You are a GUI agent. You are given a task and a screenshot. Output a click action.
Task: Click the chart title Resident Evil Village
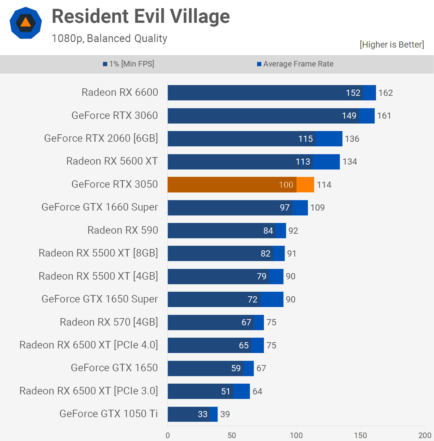tap(141, 16)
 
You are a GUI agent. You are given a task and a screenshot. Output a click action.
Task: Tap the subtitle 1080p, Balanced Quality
tap(109, 38)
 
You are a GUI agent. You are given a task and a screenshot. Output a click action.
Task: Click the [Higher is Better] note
tap(392, 45)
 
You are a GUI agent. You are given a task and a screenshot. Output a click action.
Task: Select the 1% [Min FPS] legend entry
tap(129, 64)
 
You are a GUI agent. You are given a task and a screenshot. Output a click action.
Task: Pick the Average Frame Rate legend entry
tap(295, 64)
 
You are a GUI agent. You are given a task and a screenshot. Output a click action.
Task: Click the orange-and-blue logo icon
tap(26, 23)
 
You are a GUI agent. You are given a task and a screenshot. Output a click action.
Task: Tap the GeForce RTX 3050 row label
tap(115, 184)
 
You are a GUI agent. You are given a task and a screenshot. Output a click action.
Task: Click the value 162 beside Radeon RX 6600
tap(385, 93)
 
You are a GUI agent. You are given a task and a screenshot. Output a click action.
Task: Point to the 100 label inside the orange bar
tap(286, 185)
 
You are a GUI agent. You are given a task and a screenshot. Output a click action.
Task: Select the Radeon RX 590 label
tap(123, 230)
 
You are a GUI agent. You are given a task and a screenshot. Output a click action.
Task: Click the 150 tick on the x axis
tap(360, 435)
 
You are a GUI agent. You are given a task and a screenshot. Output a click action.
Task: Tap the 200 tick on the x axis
tap(425, 435)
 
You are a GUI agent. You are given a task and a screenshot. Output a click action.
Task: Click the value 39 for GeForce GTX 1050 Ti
tap(225, 414)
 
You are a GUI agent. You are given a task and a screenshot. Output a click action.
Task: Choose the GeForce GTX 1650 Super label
tap(100, 299)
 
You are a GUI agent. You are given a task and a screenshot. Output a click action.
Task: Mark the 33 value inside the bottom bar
tap(202, 414)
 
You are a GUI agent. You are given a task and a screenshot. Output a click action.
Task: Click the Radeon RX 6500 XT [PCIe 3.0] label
tap(89, 390)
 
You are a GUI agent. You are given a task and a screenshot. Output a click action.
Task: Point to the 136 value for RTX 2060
tap(352, 139)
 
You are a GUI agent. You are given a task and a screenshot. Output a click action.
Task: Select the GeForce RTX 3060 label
tap(115, 115)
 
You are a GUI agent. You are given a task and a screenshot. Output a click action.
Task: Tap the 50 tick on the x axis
tap(232, 435)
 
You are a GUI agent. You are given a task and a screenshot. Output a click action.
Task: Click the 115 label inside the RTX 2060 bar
tap(305, 139)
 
